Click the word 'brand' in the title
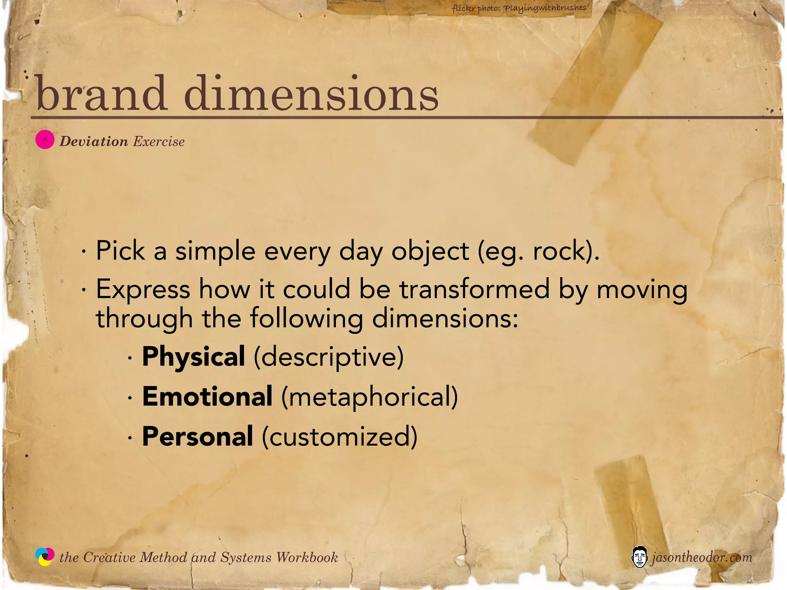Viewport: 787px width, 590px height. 101,93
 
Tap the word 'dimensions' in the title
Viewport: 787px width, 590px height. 311,93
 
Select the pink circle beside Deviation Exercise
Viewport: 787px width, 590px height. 45,140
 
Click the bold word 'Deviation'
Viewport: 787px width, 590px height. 94,141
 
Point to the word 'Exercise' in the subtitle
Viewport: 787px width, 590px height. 159,141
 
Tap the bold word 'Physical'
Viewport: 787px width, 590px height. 193,356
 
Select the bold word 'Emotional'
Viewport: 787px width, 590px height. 208,396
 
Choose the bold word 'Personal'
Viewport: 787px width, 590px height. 198,436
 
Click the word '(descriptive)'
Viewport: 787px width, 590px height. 329,356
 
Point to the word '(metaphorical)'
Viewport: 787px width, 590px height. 370,396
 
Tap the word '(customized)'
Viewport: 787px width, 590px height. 340,436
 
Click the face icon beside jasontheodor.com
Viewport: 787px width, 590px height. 639,557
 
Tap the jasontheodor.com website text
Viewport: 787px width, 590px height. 701,557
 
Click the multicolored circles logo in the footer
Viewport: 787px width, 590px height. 45,557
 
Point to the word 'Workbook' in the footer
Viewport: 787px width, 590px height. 307,557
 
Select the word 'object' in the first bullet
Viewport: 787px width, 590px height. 430,251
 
